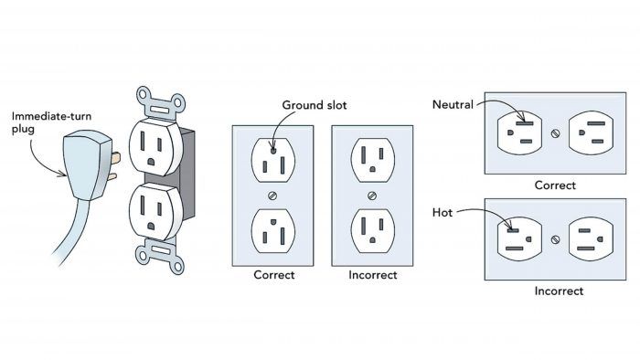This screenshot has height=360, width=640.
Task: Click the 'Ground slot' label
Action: pos(315,105)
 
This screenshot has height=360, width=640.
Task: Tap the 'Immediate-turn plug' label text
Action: pos(51,122)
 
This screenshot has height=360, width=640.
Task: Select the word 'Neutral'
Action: pos(453,105)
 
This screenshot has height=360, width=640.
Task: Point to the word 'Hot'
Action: pos(443,212)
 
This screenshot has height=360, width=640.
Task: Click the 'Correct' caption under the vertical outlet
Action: pos(274,275)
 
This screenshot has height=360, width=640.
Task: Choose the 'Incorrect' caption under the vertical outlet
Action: pos(373,275)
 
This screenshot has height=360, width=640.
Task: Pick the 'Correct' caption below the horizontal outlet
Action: pos(555,185)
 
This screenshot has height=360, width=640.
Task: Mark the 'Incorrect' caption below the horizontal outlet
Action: pos(559,291)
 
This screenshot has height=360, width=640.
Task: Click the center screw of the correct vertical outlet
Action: pos(272,196)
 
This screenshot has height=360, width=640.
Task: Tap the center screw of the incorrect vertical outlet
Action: pos(372,196)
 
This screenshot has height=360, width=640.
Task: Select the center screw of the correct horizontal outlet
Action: pos(555,133)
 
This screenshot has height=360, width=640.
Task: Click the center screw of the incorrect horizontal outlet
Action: pos(555,239)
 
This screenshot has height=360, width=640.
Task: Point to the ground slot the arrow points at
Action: pos(273,151)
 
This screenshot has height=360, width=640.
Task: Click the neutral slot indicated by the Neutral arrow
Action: pos(525,123)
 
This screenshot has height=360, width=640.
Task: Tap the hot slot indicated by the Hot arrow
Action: pos(513,230)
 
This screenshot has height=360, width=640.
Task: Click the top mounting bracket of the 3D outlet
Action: pos(161,102)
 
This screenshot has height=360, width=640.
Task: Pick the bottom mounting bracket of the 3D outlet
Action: pos(160,256)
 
